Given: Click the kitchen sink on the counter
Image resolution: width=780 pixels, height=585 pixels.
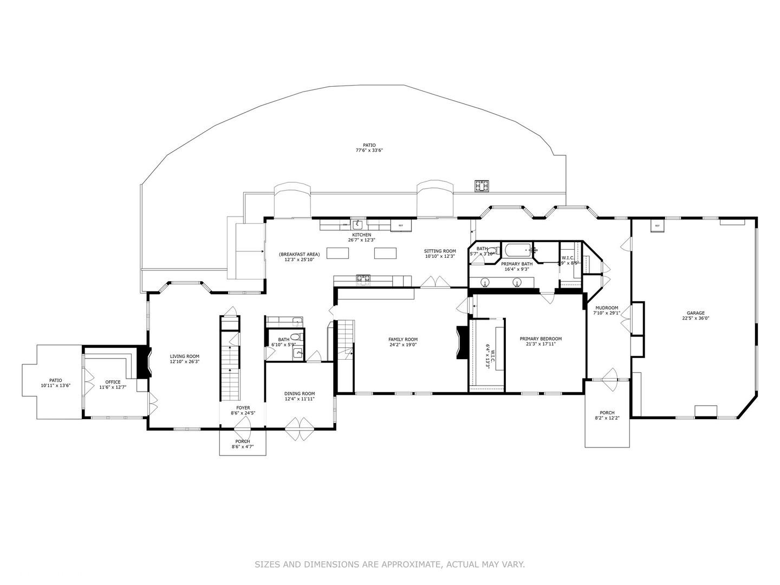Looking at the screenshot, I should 357,224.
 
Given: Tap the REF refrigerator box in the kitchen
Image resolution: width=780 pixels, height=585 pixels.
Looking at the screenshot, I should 401,225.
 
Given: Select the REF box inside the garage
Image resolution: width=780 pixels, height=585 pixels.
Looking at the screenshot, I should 657,225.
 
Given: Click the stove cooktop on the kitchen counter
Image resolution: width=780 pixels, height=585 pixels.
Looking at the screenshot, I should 363,279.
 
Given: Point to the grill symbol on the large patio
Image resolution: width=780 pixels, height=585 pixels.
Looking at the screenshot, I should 482,186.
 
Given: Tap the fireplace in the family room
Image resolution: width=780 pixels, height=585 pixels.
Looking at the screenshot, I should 461,343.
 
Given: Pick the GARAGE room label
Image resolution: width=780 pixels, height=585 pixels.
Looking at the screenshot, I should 695,313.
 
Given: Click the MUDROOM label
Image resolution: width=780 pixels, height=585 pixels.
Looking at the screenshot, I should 606,308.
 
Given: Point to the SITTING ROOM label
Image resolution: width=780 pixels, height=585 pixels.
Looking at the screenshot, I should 439,251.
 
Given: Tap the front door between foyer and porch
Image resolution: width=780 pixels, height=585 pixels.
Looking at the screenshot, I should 243,431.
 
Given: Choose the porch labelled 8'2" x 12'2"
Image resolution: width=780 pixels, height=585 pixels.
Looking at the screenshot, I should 607,415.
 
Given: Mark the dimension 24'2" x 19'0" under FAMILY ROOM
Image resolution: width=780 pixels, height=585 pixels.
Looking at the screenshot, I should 403,344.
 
